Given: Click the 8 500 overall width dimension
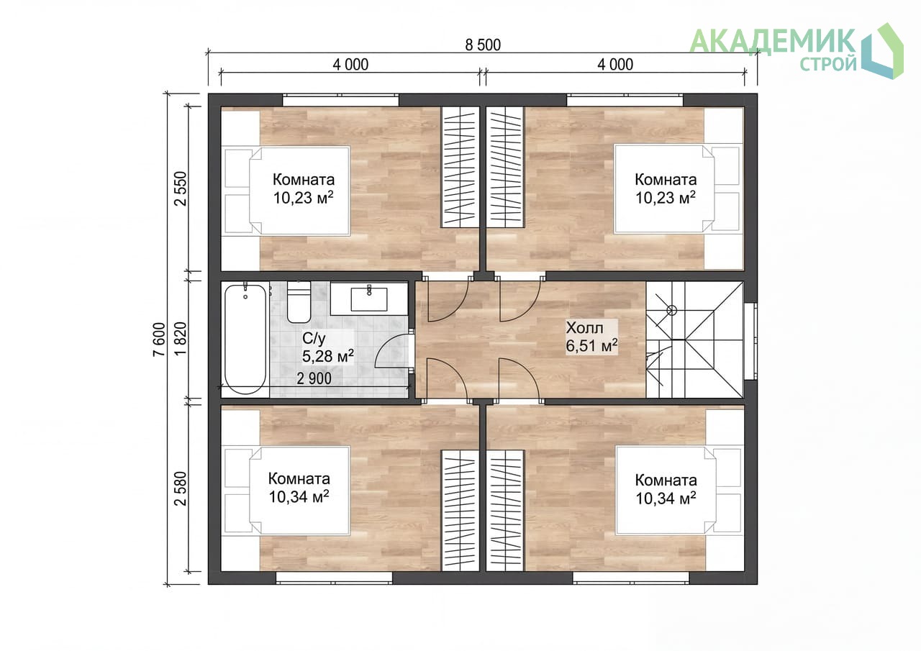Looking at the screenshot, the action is (x=483, y=45).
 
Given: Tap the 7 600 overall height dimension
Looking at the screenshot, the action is (x=159, y=340).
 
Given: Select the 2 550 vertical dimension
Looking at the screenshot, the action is (x=181, y=188).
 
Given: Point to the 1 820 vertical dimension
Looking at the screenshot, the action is (x=181, y=339).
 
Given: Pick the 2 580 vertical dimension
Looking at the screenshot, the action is (x=181, y=488).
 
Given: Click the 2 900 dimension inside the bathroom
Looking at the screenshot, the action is (x=314, y=378).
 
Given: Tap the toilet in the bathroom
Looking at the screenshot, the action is (x=299, y=301).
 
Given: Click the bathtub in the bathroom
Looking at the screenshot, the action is (x=245, y=339).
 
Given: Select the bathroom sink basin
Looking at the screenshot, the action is (x=369, y=299).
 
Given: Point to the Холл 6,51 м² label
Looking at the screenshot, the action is (x=591, y=337).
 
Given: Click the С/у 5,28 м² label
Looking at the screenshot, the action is (x=327, y=347).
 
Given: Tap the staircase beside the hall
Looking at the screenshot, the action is (x=694, y=340).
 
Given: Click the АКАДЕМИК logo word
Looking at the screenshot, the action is (x=773, y=41).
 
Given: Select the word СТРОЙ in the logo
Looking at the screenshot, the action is (x=828, y=64).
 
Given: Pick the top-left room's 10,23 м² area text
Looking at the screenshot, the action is (x=304, y=198).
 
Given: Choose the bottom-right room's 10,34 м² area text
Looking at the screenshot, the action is (x=666, y=498).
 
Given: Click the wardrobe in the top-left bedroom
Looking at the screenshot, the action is (x=460, y=168).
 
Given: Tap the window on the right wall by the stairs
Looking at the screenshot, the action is (x=750, y=342).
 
